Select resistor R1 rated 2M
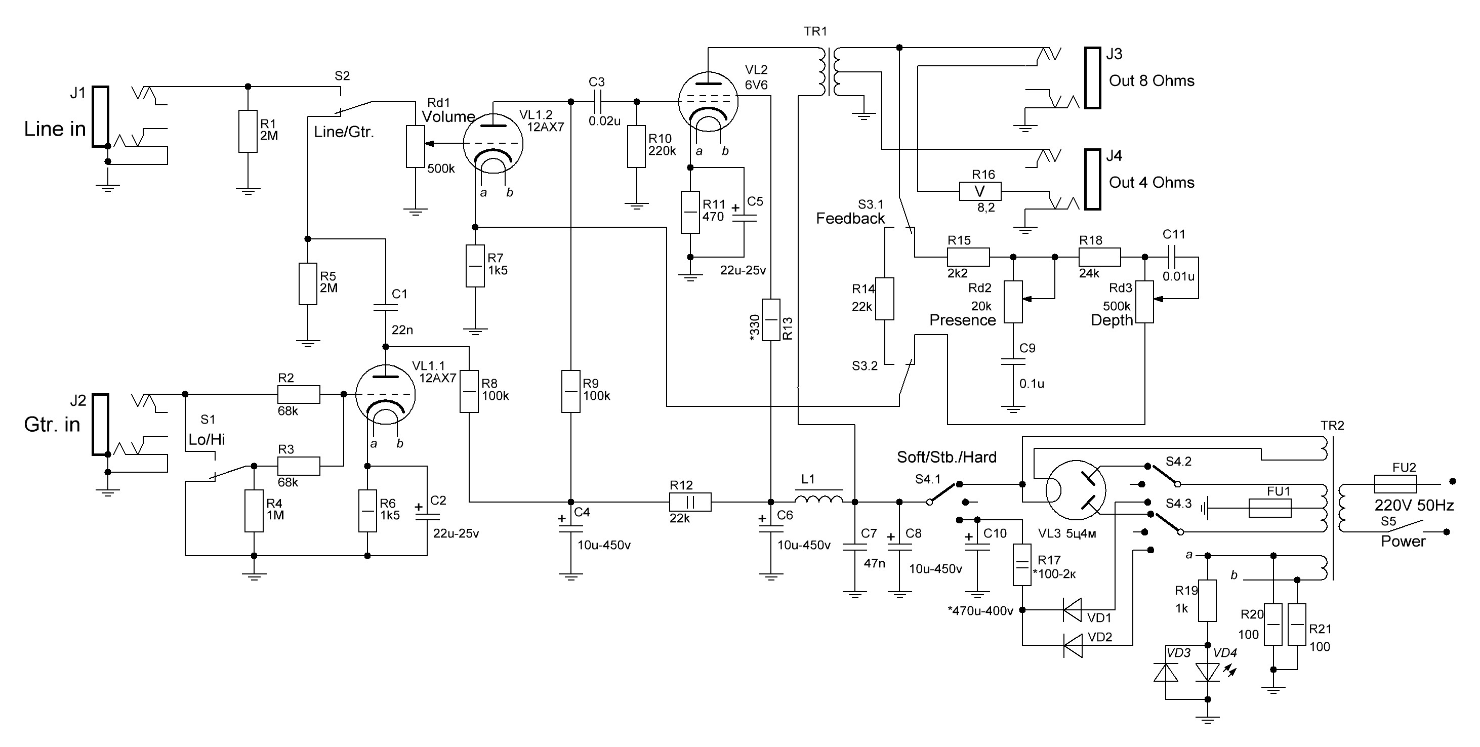(x=248, y=132)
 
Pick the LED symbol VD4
(x=1207, y=672)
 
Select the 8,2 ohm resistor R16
(x=979, y=191)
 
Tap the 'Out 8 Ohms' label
(x=1152, y=81)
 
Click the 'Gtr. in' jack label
(x=52, y=425)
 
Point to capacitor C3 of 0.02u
(x=597, y=102)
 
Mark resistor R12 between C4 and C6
(x=690, y=502)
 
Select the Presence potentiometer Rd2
(x=1013, y=302)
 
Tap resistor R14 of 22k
(x=885, y=299)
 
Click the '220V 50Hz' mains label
(x=1413, y=506)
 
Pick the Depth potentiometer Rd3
(x=1144, y=302)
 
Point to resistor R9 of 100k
(x=570, y=391)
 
